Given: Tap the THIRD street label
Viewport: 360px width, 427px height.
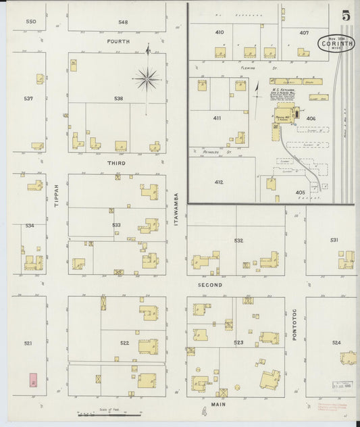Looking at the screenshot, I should click(x=116, y=164).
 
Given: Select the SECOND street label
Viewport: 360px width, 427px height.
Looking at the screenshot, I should click(x=210, y=285).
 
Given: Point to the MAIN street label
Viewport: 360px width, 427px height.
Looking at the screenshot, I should click(x=217, y=404).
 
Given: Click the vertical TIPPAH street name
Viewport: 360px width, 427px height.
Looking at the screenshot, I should click(x=57, y=195).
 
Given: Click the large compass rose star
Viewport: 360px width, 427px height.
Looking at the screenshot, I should click(x=147, y=80).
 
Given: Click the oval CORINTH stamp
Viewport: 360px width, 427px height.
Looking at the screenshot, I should click(x=338, y=45).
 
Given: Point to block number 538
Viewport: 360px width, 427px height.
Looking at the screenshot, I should click(x=119, y=99).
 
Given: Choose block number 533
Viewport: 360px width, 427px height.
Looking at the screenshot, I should click(x=117, y=225).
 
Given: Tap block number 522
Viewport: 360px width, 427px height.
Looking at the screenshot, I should click(x=124, y=343).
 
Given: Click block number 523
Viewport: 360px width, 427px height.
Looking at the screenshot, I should click(x=238, y=343).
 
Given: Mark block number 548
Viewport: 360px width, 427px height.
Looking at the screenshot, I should click(x=122, y=22).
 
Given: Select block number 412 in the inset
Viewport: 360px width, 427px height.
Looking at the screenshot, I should click(x=219, y=182).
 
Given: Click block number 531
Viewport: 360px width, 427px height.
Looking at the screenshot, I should click(x=334, y=240).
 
